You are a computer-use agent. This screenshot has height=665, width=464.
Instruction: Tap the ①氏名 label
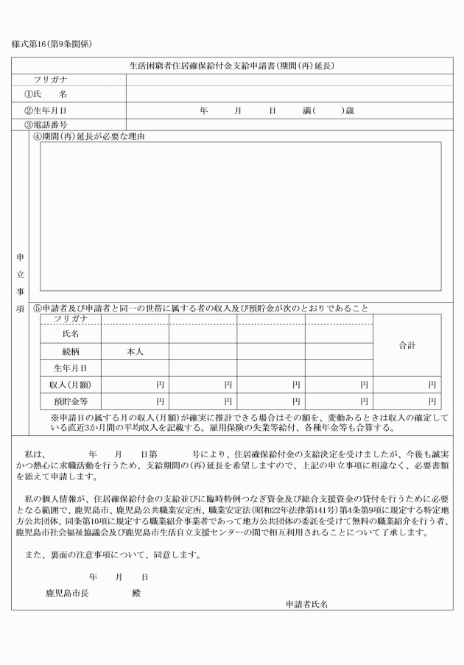(46, 94)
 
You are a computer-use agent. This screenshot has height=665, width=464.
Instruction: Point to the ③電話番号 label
(46, 124)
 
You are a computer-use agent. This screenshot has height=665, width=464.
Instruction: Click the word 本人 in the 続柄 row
(134, 351)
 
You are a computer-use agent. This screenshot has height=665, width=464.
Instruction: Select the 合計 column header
(407, 345)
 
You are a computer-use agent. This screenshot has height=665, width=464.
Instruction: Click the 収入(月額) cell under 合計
(407, 384)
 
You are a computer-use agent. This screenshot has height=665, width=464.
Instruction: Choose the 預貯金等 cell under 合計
(407, 401)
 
